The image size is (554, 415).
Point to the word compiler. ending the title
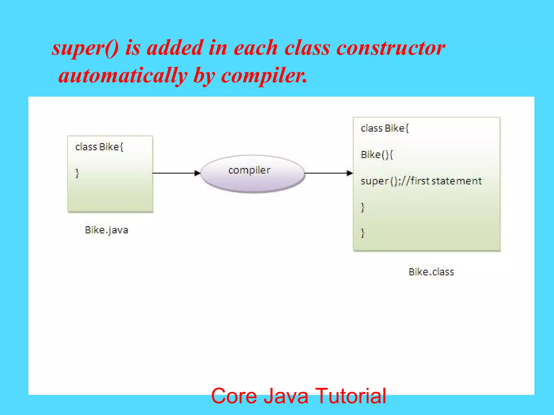(x=264, y=76)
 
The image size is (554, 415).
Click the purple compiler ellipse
(x=253, y=174)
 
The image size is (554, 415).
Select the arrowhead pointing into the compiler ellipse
(x=197, y=173)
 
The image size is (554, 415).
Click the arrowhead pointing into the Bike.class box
(x=349, y=173)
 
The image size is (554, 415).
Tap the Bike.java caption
(x=106, y=230)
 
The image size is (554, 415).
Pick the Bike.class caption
(x=431, y=272)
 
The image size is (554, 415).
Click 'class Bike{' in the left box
(x=99, y=147)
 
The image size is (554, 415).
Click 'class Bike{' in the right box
(x=384, y=128)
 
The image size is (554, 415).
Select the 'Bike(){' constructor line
(x=377, y=155)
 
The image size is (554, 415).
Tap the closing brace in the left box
(x=77, y=173)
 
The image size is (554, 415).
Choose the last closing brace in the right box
(x=363, y=233)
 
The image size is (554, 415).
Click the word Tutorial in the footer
(x=351, y=396)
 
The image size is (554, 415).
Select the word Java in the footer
(x=286, y=396)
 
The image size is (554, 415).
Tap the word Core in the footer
(x=234, y=396)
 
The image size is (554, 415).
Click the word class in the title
(x=307, y=48)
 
